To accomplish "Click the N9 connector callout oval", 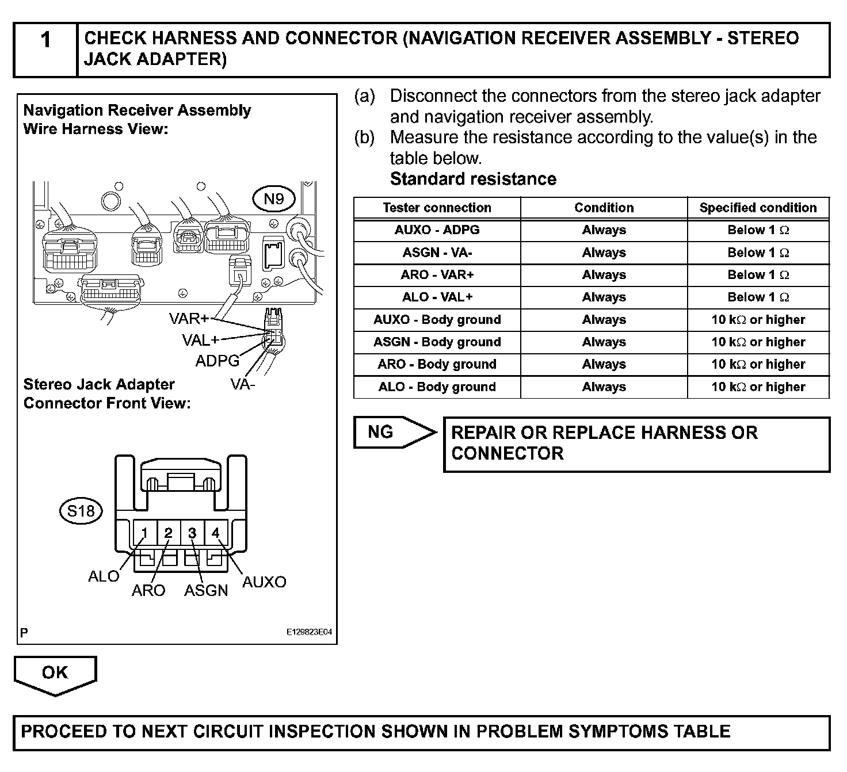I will (274, 199).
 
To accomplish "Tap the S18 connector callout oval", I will (81, 511).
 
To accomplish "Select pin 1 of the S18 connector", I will (144, 534).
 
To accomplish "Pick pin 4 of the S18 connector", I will (216, 534).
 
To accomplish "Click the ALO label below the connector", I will (104, 576).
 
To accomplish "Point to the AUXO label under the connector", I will (264, 582).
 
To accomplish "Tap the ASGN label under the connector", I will (206, 591).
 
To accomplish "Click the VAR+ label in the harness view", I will (189, 319).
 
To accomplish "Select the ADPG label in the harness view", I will (218, 361).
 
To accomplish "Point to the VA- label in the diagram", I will (242, 384).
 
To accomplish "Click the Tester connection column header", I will (437, 208).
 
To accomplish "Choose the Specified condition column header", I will (758, 208).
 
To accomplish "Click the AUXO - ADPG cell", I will (437, 230).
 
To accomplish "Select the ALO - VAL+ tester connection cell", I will (437, 297).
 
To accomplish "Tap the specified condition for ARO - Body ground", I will (758, 364).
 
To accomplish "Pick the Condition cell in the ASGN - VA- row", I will (604, 253).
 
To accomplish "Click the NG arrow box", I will (394, 432).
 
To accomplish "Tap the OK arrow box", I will (55, 674).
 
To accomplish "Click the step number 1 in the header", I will (46, 40).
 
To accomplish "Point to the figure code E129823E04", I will (309, 632).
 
